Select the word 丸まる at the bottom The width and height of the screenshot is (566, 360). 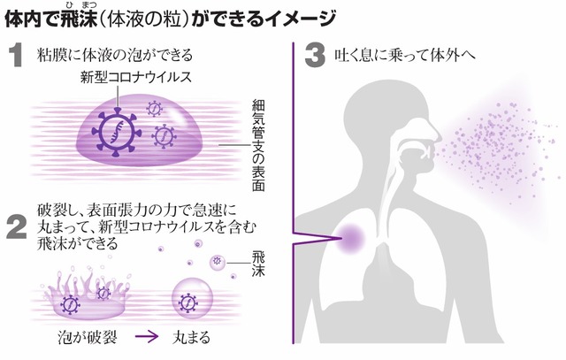[x=192, y=340]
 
